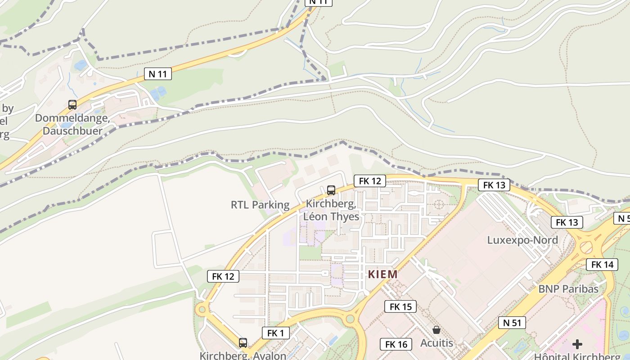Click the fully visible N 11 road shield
[157, 74]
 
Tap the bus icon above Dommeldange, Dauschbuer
[72, 105]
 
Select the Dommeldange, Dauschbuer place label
[72, 125]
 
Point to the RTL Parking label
[260, 205]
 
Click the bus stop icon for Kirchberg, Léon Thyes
[331, 190]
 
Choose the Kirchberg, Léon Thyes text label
[332, 210]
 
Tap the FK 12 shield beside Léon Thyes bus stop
[370, 181]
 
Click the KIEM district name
[383, 274]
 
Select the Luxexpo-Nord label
[522, 240]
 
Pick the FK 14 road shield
[602, 265]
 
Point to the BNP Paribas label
[568, 288]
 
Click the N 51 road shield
[512, 322]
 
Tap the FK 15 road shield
[400, 307]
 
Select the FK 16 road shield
[396, 345]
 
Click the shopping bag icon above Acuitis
[436, 330]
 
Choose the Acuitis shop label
[436, 343]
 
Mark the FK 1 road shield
[275, 333]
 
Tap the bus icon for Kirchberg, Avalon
[243, 343]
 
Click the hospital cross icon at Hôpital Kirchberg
[577, 345]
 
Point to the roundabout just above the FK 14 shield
[586, 247]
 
